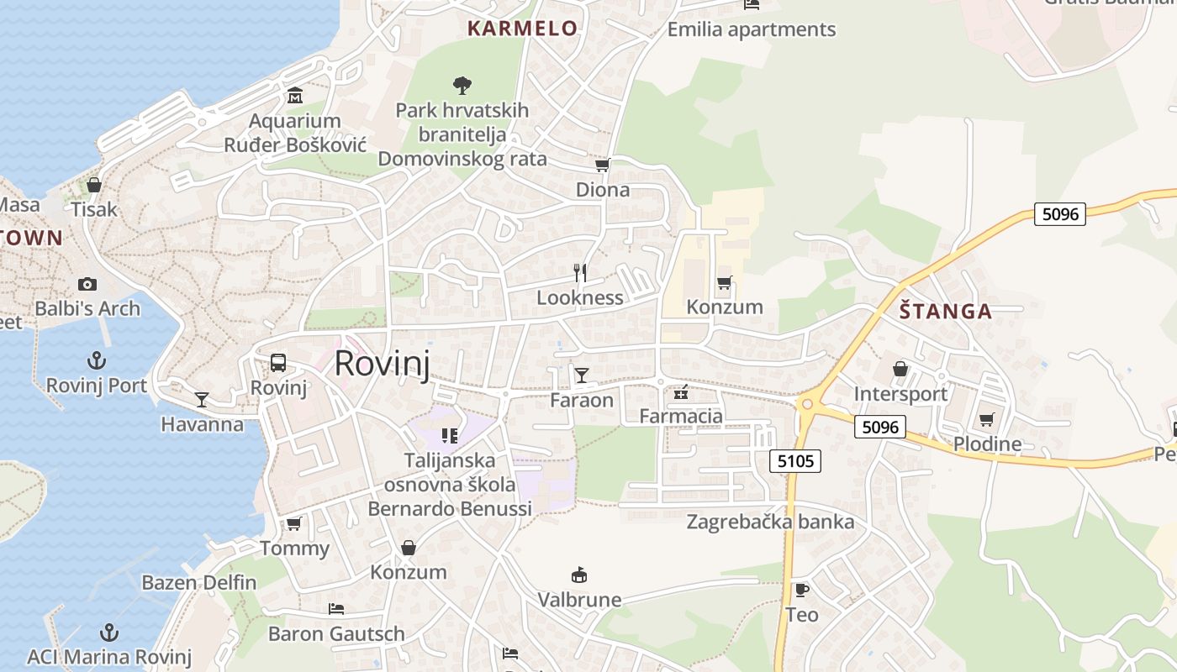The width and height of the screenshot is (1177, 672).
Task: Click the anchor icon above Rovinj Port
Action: pyautogui.click(x=98, y=361)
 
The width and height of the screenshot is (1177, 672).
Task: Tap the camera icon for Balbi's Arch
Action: pyautogui.click(x=87, y=284)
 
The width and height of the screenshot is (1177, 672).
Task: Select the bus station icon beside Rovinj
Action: pyautogui.click(x=278, y=363)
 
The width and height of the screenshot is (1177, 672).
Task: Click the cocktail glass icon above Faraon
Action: pyautogui.click(x=581, y=375)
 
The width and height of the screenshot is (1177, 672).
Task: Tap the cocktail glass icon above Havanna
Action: pyautogui.click(x=202, y=399)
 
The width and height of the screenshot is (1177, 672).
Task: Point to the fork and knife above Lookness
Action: pyautogui.click(x=579, y=272)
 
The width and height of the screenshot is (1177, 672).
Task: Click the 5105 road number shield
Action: pyautogui.click(x=794, y=460)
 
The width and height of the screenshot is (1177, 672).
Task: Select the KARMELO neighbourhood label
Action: pyautogui.click(x=522, y=29)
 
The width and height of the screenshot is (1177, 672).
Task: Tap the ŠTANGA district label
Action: pyautogui.click(x=946, y=312)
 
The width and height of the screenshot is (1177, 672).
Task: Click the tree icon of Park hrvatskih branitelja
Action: pyautogui.click(x=462, y=85)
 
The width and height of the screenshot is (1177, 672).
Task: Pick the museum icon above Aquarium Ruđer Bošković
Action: pyautogui.click(x=294, y=96)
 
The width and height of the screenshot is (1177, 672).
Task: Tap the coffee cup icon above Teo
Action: pyautogui.click(x=801, y=590)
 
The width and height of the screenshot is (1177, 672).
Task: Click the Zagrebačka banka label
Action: pyautogui.click(x=770, y=522)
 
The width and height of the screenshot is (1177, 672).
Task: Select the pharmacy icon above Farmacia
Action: pyautogui.click(x=681, y=391)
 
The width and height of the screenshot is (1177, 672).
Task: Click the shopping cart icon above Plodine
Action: pyautogui.click(x=987, y=418)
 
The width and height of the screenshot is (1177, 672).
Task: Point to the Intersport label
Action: pyautogui.click(x=900, y=394)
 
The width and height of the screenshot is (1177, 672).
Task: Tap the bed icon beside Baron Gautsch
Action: pyautogui.click(x=336, y=608)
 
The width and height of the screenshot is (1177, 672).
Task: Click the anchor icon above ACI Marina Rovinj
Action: pyautogui.click(x=109, y=632)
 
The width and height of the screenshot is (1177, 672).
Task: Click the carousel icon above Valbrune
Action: pyautogui.click(x=579, y=575)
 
